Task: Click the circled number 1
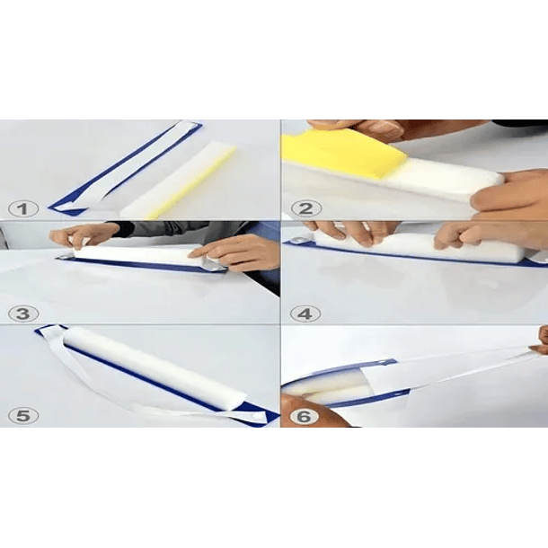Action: point(23,209)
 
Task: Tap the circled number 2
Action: point(306,209)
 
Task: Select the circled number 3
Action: point(23,314)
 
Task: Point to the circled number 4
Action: point(305,314)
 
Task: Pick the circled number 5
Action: point(23,416)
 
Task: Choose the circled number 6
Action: point(304,417)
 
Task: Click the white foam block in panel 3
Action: point(140,255)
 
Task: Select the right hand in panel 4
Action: point(490,234)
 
